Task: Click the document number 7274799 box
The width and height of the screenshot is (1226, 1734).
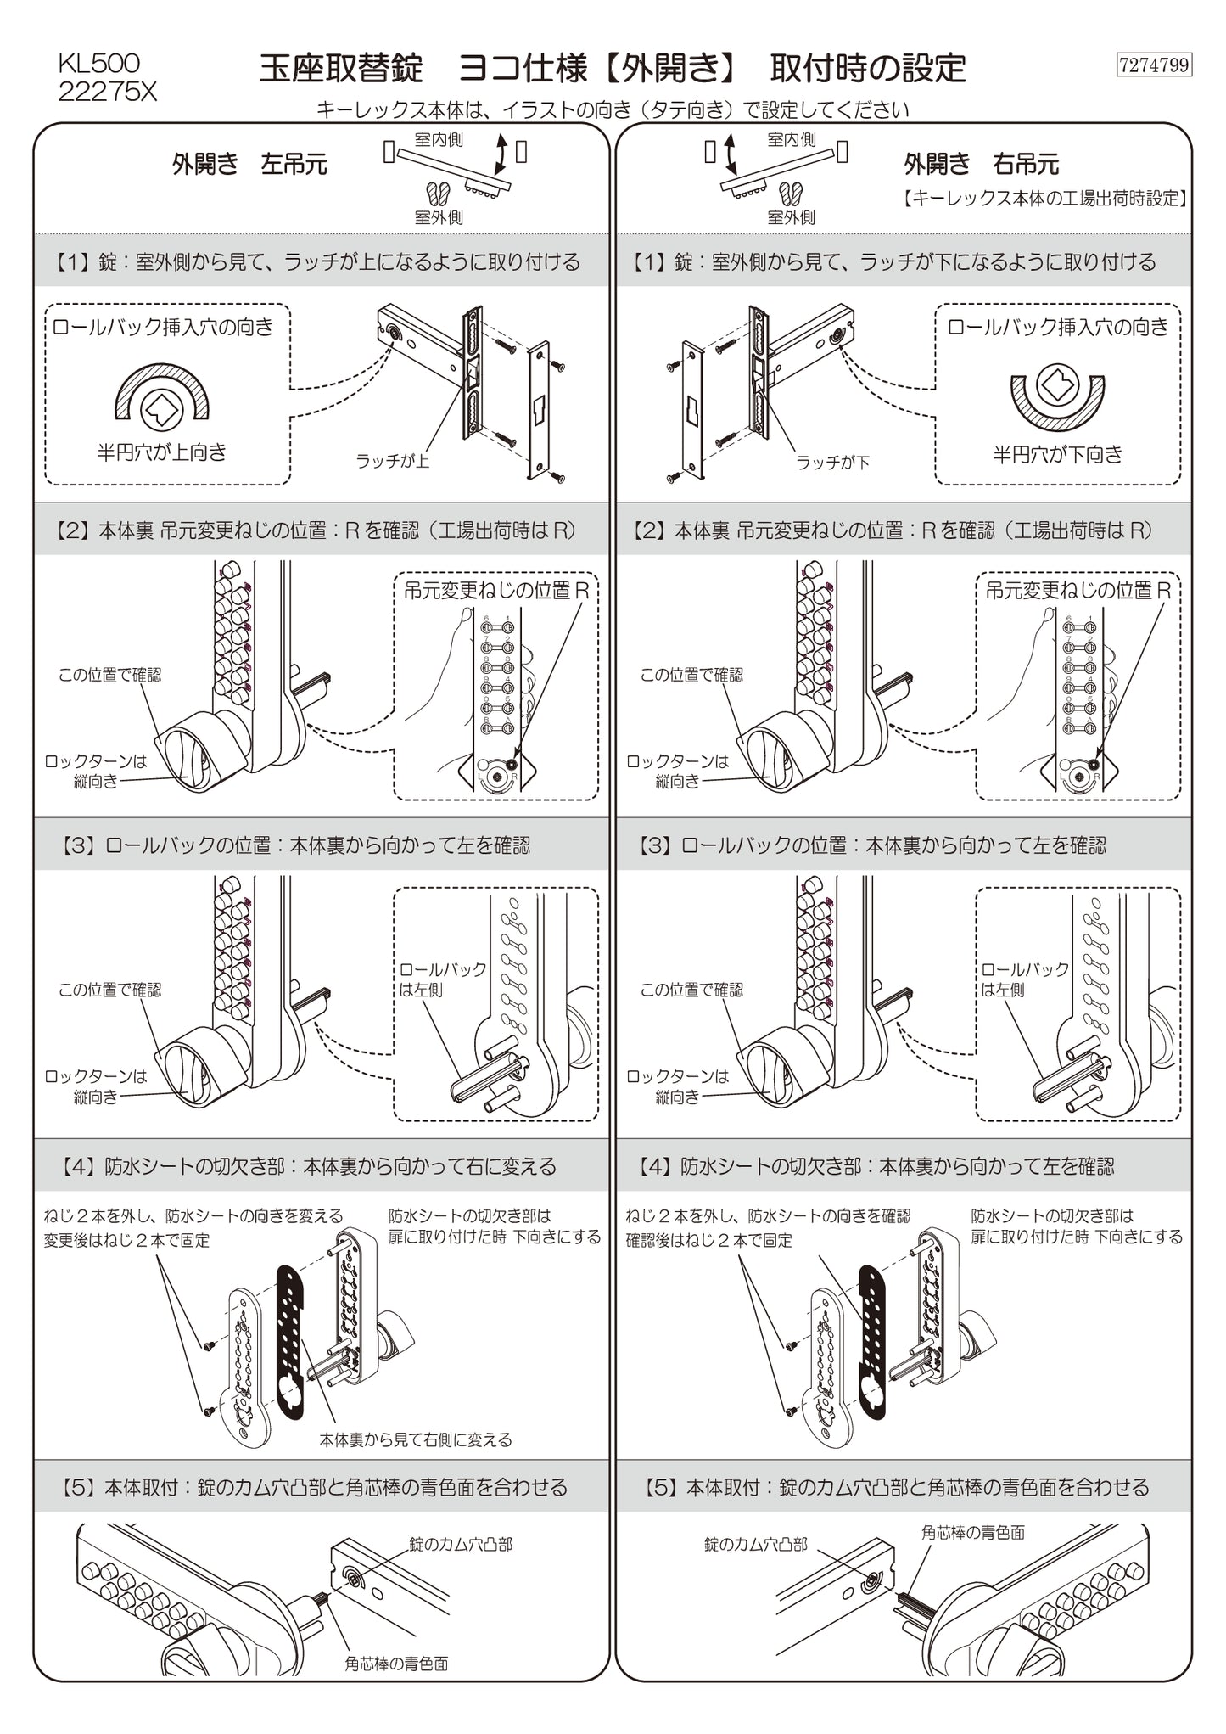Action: [x=1154, y=65]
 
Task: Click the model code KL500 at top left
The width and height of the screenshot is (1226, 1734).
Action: [x=98, y=63]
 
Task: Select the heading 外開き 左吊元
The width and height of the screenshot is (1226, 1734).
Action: [x=249, y=165]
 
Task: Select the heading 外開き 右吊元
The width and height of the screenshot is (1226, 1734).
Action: [x=981, y=165]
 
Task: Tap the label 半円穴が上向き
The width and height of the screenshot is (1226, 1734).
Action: [x=162, y=452]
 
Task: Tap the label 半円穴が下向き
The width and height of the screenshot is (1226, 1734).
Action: [x=1057, y=455]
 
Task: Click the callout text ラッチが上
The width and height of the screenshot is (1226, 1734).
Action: [x=392, y=461]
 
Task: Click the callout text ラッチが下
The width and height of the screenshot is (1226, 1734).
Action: [x=832, y=463]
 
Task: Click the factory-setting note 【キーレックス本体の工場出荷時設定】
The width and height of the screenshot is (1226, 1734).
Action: [x=1044, y=199]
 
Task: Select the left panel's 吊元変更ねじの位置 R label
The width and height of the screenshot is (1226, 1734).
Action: [x=495, y=591]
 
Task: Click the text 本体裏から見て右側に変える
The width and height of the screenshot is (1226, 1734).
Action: [x=415, y=1440]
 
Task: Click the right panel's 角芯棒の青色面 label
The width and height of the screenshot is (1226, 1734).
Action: [x=972, y=1532]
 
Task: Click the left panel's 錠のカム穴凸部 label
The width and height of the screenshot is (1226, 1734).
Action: [x=461, y=1544]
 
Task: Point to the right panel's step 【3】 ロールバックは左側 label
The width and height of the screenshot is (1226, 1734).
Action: [x=1025, y=979]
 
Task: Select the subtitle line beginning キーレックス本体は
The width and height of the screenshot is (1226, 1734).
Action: [x=612, y=109]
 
